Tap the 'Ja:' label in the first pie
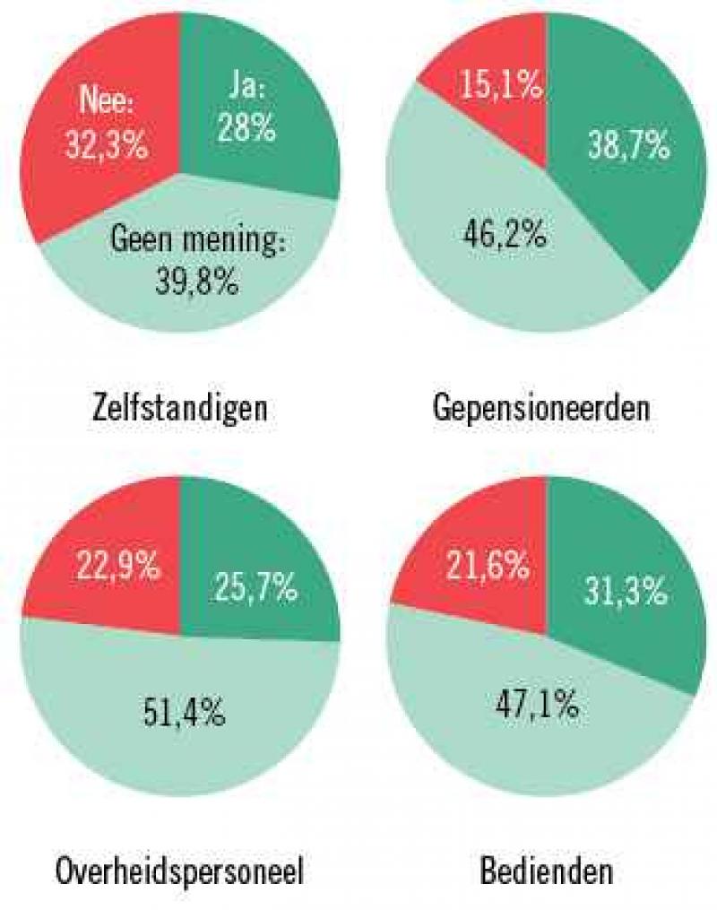point(245,92)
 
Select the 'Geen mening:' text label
point(197,241)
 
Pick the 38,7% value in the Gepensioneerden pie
point(628,144)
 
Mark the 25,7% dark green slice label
point(255,587)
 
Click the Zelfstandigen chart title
point(180,409)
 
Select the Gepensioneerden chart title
point(540,409)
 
